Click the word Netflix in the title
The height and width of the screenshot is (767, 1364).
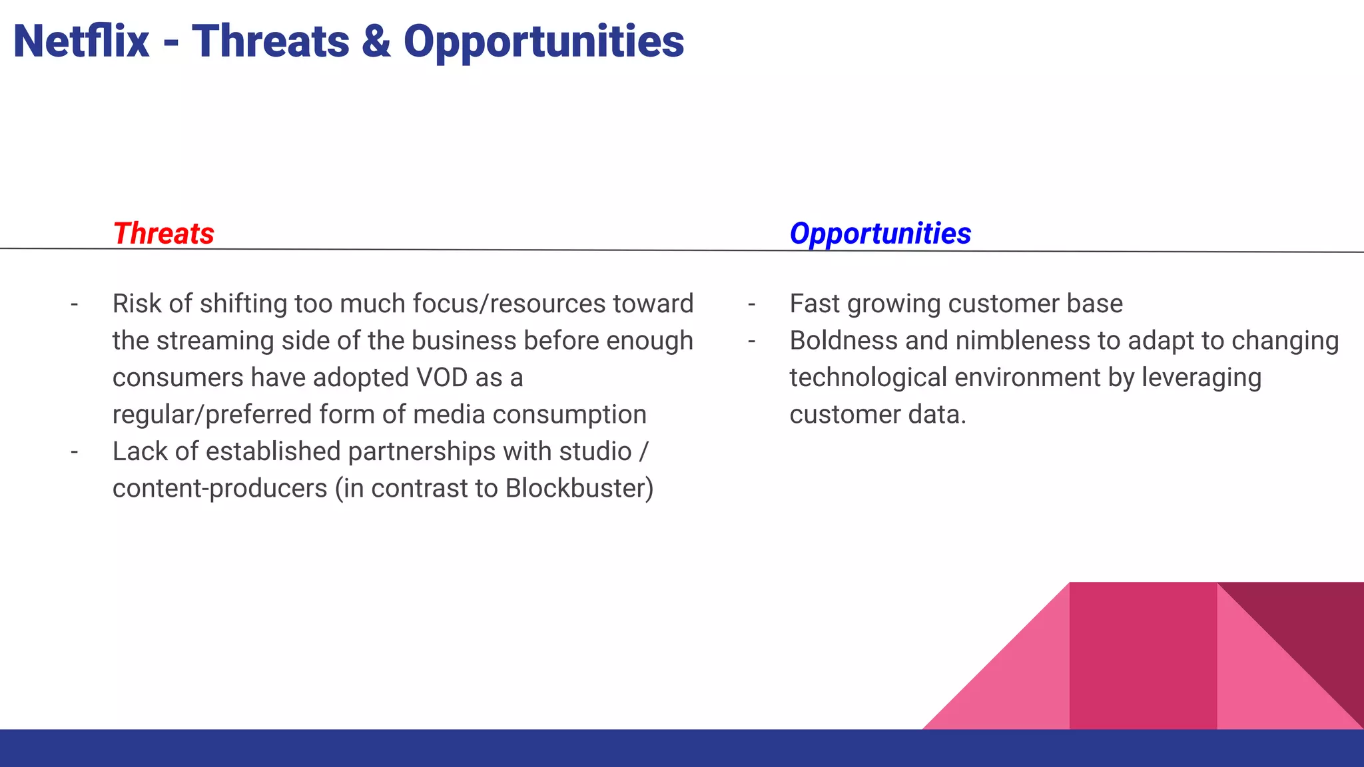tap(81, 41)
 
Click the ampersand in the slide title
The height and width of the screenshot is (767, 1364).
tap(376, 41)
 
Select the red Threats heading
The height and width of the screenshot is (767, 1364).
tap(163, 234)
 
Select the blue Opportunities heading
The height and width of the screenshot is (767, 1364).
tap(880, 234)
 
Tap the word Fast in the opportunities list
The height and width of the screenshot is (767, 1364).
tap(815, 304)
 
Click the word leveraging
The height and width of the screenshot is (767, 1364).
tap(1201, 378)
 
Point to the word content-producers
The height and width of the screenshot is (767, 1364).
tap(220, 488)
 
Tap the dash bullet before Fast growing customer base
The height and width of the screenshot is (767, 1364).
tap(751, 304)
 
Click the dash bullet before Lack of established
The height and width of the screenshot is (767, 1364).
tap(74, 452)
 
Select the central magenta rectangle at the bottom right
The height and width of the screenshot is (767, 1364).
tap(1142, 656)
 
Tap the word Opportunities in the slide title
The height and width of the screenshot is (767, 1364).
tap(543, 41)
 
